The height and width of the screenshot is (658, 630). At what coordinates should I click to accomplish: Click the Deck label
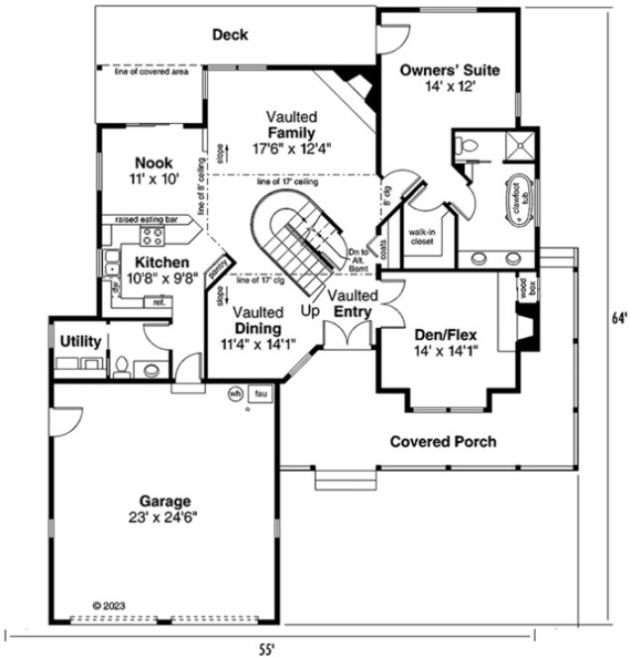coord(230,36)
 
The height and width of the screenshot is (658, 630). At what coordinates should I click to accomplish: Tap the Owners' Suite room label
coord(449,70)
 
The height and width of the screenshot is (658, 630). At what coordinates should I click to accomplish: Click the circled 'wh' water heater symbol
coord(236,393)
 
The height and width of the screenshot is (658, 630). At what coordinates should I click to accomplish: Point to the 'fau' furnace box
coord(261,393)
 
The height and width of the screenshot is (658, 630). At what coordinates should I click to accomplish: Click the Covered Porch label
coord(442,442)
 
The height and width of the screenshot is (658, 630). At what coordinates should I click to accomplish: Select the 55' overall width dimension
coord(266,649)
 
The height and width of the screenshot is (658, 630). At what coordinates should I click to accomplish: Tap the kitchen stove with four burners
coord(154,237)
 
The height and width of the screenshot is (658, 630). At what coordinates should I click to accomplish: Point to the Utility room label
coord(80,342)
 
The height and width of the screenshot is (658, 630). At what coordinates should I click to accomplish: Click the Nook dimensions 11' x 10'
coord(155,180)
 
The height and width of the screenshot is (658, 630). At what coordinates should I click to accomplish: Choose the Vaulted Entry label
coord(351,304)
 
